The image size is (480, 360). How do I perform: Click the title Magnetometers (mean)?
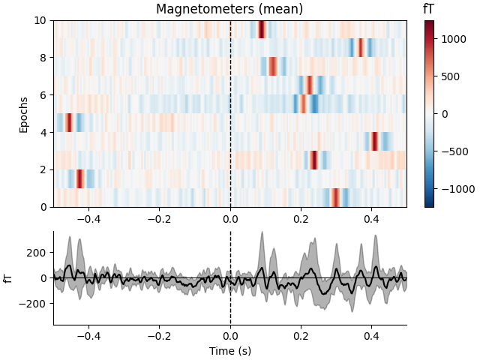229,10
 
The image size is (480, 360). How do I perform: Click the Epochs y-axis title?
25,113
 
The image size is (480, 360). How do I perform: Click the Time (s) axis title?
229,350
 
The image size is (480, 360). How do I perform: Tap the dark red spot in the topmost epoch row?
261,29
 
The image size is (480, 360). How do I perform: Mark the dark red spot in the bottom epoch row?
335,197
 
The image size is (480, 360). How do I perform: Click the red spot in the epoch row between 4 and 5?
68,122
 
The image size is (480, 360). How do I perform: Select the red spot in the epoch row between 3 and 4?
375,141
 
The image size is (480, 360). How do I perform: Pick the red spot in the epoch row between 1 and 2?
79,178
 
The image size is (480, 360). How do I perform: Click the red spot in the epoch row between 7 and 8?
273,66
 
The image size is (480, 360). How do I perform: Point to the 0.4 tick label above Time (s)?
371,336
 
